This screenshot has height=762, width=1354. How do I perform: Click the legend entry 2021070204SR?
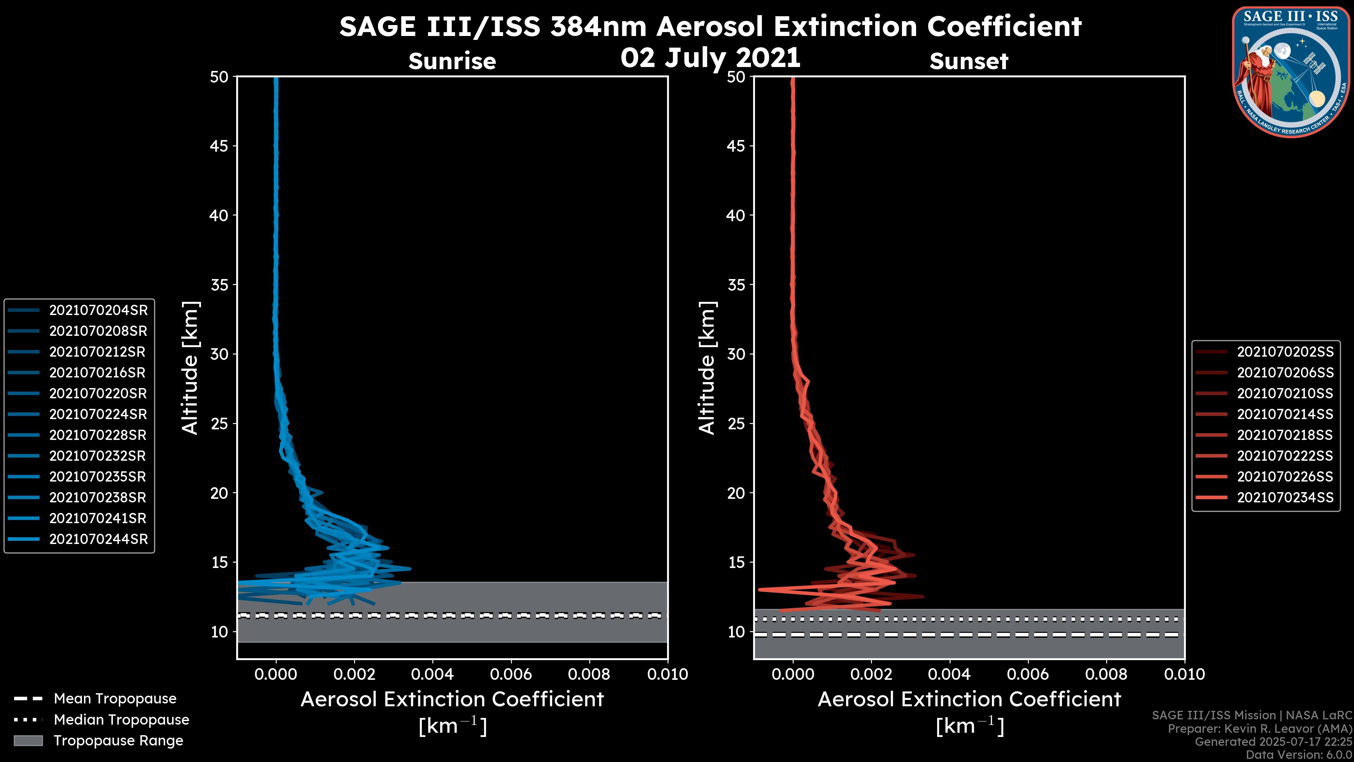click(98, 310)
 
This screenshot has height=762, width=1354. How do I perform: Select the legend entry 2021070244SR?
click(98, 539)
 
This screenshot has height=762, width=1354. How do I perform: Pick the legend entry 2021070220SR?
click(98, 393)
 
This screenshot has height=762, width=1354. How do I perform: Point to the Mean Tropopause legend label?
click(115, 698)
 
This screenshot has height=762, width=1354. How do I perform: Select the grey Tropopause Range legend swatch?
click(28, 740)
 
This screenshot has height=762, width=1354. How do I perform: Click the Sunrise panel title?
click(452, 61)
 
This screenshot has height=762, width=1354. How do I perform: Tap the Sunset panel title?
click(969, 61)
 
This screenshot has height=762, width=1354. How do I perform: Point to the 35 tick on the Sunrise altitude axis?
click(219, 285)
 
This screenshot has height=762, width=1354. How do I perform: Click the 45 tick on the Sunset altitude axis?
click(736, 146)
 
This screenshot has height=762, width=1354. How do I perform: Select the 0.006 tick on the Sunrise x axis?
click(511, 674)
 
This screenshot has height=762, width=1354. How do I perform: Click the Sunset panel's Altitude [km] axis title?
click(707, 368)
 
